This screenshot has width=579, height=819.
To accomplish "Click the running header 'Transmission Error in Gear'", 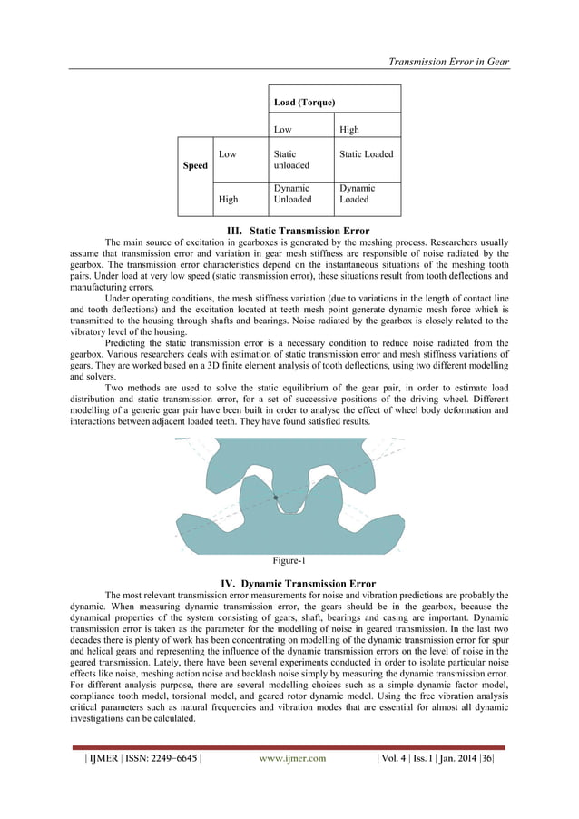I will coord(448,62).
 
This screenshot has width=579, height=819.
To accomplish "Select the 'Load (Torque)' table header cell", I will coord(306,102).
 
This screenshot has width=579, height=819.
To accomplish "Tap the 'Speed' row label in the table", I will coord(196,165).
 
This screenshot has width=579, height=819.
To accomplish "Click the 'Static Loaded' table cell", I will coord(366,154).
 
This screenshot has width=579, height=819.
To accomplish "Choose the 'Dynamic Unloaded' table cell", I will coord(292,194).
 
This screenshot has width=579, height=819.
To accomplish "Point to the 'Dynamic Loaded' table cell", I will coord(357,194).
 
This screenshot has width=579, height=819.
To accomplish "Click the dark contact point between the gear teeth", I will coord(276,498).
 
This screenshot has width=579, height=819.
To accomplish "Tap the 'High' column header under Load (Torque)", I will coord(349,130).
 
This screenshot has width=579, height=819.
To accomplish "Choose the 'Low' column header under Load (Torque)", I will coord(282,130).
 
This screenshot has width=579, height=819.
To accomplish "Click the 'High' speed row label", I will coord(228,200).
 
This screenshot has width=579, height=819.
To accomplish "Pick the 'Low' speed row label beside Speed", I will coord(227,154).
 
